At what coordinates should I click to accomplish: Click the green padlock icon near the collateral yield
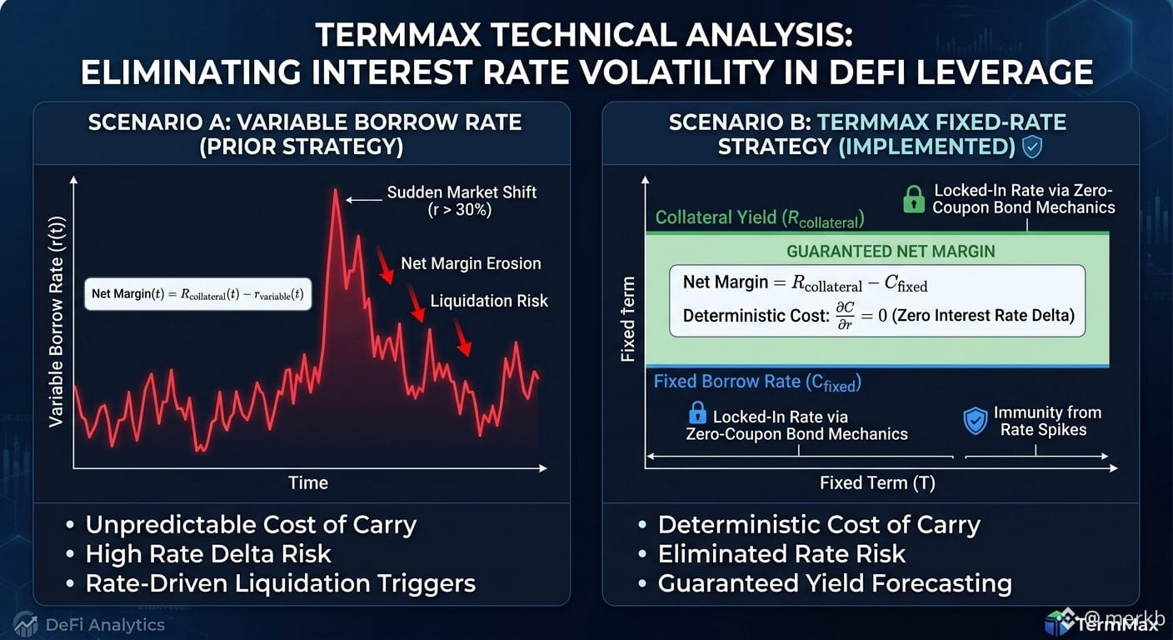914,199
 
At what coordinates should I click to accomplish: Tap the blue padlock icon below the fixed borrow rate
697,413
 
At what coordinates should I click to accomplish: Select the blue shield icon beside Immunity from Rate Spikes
975,421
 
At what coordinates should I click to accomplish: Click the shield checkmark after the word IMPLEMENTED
1032,147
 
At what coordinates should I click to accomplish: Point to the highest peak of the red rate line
335,190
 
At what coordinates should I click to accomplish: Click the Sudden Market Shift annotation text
462,201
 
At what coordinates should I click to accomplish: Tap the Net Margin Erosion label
471,263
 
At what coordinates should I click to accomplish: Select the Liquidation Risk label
489,301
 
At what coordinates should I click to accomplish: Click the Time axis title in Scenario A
308,482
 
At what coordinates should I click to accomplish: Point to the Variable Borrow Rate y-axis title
56,321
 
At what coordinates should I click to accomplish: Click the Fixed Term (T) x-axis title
877,482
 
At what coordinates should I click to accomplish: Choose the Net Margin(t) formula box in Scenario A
198,294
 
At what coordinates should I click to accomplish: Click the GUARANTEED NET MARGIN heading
891,252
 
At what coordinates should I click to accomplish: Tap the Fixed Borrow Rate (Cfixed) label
757,382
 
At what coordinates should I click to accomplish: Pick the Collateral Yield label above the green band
759,218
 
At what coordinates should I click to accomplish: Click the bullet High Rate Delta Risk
208,554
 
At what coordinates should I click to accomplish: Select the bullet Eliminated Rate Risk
781,554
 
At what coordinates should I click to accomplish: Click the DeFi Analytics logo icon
25,624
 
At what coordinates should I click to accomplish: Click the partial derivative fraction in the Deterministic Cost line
846,316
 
